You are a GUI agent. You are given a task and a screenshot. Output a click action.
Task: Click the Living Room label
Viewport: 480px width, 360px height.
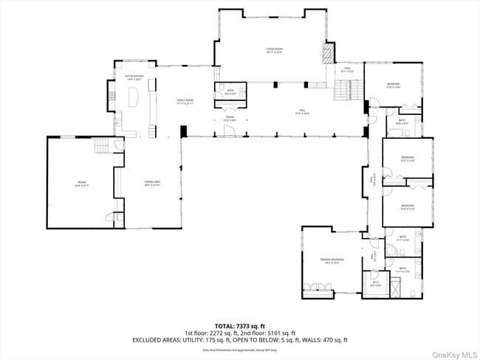tap(275, 51)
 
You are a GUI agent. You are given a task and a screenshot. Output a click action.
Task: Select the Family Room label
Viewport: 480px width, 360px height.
tap(184, 101)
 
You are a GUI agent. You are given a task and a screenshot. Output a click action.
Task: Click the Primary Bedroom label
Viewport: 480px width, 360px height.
tap(332, 260)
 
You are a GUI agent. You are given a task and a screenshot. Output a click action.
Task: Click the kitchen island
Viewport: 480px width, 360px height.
tap(135, 98)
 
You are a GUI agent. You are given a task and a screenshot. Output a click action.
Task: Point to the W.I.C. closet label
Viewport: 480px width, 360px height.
tap(375, 283)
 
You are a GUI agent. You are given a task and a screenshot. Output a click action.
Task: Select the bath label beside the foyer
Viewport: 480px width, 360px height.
tap(219, 91)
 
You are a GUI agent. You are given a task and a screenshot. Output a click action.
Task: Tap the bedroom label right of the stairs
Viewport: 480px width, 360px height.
tap(393, 85)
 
